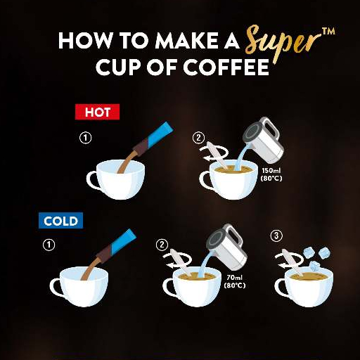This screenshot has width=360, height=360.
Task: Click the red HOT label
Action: [97, 112]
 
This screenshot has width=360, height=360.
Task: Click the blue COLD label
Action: [60, 221]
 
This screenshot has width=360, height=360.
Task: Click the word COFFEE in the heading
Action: [226, 67]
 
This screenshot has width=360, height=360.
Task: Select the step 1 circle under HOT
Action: [85, 138]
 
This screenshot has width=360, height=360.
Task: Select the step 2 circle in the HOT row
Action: [198, 138]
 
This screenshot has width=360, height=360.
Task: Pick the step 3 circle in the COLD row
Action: [276, 236]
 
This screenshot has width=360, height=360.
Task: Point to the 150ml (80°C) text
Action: [271, 174]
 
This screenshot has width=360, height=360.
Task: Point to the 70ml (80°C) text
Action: [235, 281]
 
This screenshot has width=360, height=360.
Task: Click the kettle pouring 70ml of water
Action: [227, 247]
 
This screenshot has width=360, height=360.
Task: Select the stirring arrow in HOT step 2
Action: [214, 153]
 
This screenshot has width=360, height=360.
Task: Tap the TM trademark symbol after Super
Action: [328, 32]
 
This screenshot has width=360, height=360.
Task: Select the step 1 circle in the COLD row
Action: [49, 245]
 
